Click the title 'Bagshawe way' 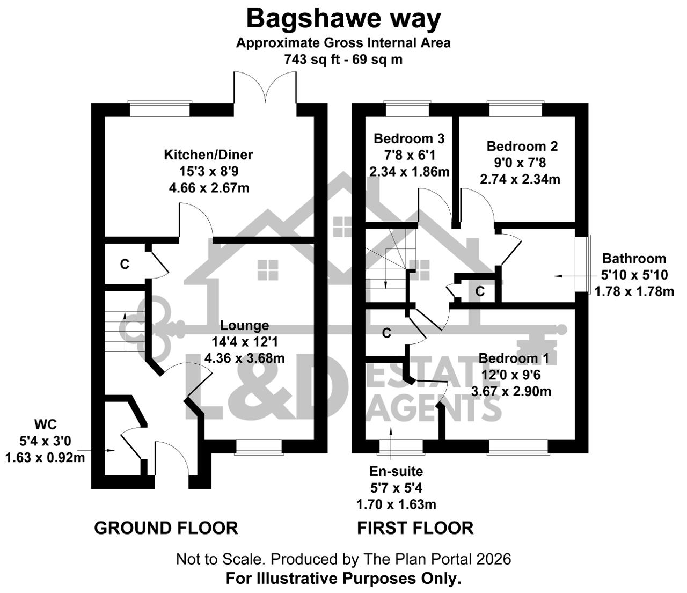tap(343, 19)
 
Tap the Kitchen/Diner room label tap(209, 155)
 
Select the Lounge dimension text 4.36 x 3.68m tap(245, 358)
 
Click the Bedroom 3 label tap(409, 138)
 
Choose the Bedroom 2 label tap(522, 147)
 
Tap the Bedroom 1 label tap(514, 358)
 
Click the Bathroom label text tap(634, 259)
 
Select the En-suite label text tap(396, 471)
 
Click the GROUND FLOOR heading tap(166, 528)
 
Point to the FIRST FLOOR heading tap(415, 528)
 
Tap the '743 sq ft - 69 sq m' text tap(343, 60)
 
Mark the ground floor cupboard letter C tap(125, 265)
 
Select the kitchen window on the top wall tap(160, 109)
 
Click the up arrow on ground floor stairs tap(125, 331)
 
